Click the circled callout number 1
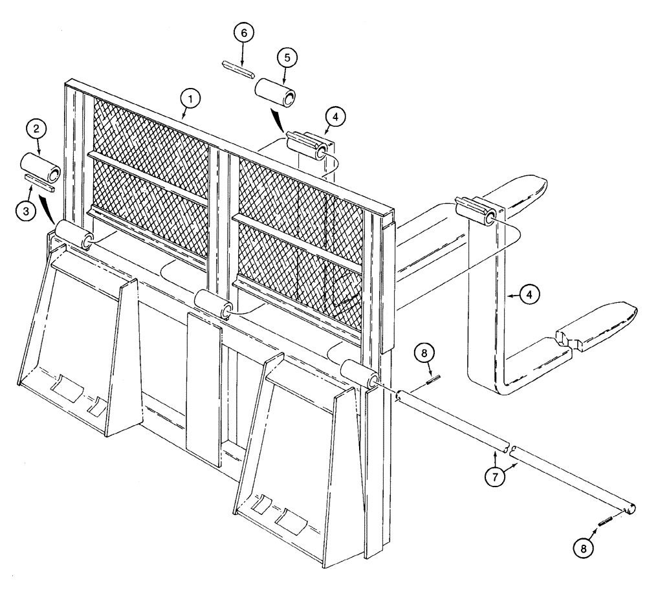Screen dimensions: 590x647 click(x=190, y=98)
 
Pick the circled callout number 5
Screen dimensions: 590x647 click(x=288, y=57)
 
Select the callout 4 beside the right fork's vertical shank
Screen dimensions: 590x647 click(x=529, y=295)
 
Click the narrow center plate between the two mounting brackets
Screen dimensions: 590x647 click(x=204, y=380)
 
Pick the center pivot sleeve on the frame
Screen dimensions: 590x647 click(x=213, y=303)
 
